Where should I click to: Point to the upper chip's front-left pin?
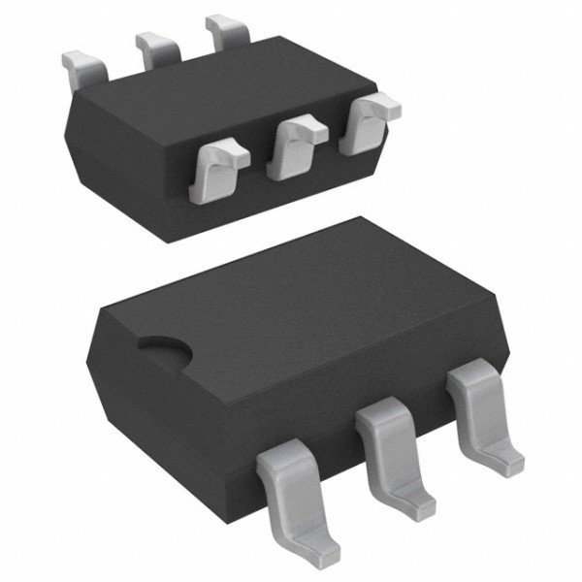(222, 165)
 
